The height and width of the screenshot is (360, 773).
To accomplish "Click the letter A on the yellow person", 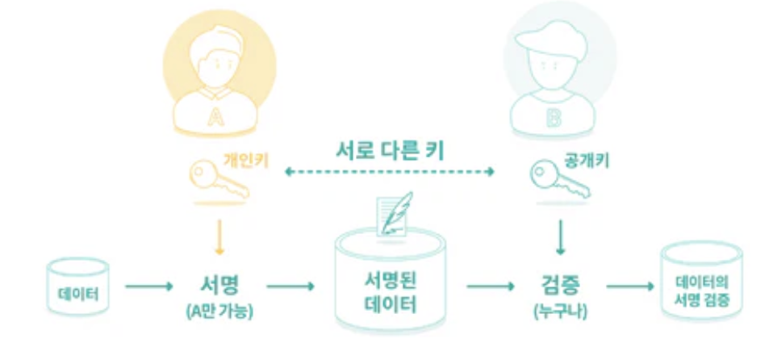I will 217,118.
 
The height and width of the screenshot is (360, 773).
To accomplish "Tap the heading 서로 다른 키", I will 391,149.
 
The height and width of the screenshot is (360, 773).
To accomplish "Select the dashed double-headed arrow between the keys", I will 391,171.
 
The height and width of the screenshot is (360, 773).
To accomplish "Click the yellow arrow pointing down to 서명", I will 219,237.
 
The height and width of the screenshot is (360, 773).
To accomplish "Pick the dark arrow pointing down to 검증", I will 558,237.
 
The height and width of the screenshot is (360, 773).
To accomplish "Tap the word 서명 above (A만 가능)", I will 219,285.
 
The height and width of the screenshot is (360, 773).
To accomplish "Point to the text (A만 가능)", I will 219,309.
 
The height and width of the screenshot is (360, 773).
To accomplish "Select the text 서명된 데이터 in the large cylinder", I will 391,293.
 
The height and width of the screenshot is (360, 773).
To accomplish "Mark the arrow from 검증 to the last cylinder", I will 629,286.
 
